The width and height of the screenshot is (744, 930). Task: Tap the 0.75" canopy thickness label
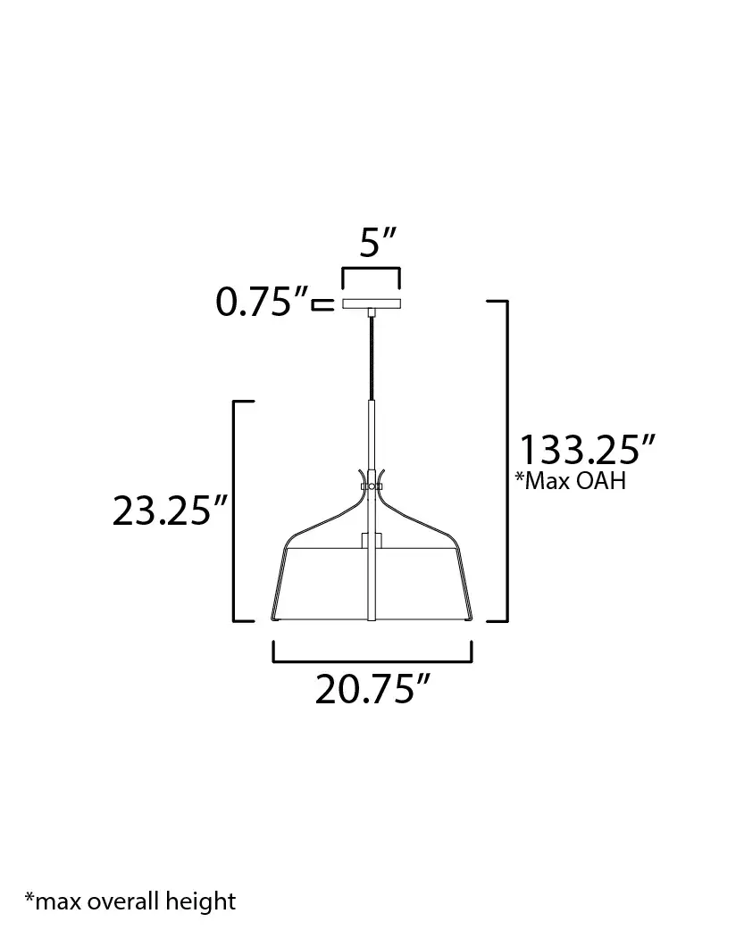click(262, 302)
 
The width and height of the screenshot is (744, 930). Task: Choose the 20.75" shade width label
click(372, 689)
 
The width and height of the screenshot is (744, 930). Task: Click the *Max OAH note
click(570, 480)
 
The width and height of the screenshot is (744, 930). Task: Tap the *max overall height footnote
click(130, 901)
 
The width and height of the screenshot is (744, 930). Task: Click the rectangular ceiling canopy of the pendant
click(372, 303)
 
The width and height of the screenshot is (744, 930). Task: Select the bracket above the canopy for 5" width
click(372, 269)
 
